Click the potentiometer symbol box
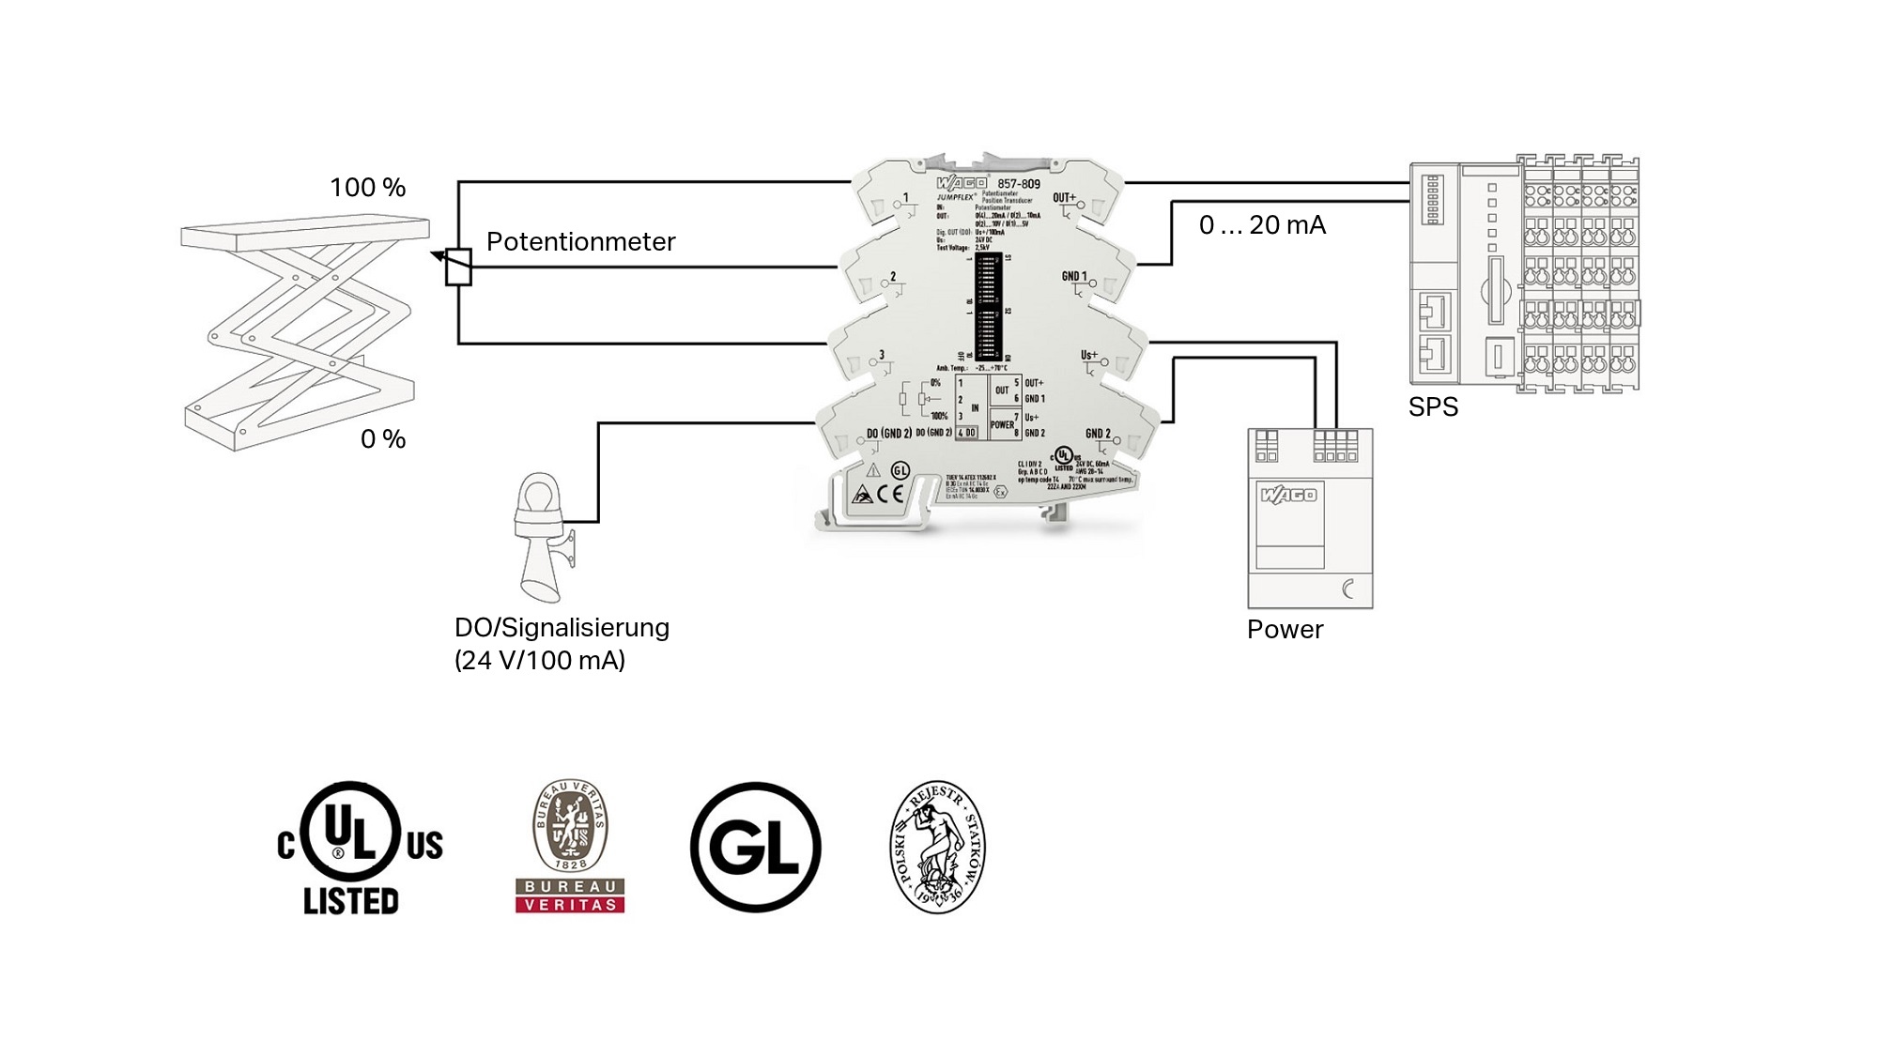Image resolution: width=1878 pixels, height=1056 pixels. [x=458, y=267]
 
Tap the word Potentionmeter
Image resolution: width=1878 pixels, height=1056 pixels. [x=580, y=242]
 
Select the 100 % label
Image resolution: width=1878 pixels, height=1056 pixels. [x=367, y=188]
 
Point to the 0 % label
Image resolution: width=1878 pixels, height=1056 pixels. [x=383, y=439]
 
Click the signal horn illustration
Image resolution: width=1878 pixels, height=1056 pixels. [x=542, y=537]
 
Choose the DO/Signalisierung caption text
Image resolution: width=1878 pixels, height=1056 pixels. [x=562, y=628]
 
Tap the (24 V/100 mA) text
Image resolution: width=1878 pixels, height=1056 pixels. [x=540, y=661]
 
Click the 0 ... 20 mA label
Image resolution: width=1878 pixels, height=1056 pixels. [x=1262, y=225]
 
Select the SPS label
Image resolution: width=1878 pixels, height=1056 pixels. [x=1433, y=407]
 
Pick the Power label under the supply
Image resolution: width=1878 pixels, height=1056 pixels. [x=1285, y=630]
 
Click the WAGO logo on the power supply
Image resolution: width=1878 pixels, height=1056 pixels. [x=1288, y=495]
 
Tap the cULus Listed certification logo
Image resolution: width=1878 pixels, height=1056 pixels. [x=359, y=849]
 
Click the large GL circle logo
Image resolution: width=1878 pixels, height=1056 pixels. [x=755, y=848]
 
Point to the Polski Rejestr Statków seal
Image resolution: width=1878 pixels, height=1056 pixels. [x=937, y=848]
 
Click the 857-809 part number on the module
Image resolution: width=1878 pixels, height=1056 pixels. [x=1019, y=184]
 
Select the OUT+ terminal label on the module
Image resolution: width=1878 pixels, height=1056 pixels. [x=1064, y=198]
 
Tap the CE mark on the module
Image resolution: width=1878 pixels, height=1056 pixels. [x=890, y=494]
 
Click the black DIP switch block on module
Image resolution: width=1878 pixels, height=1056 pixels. [x=988, y=305]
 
